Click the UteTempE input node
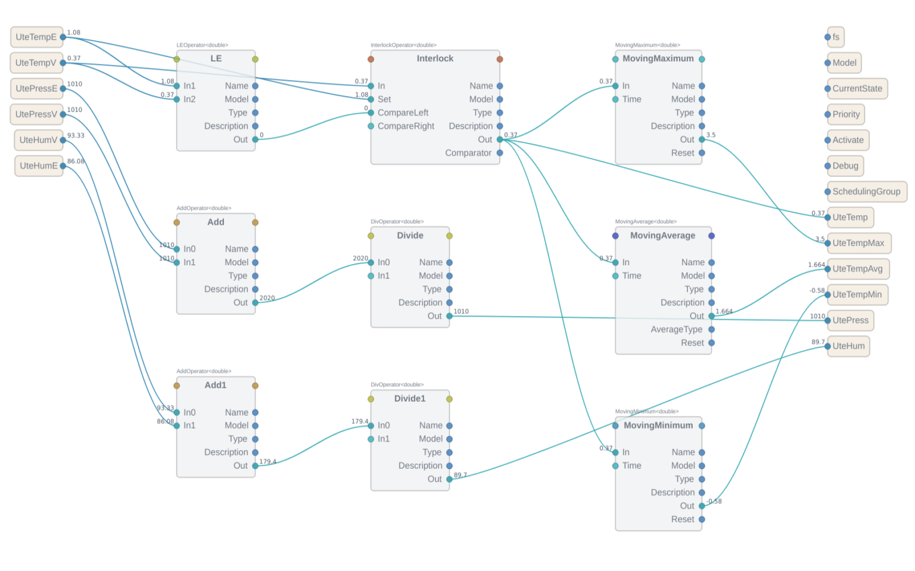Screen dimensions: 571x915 tap(36, 37)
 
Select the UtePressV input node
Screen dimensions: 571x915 tap(36, 114)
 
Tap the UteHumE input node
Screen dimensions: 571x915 tap(39, 166)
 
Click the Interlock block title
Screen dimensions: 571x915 tap(435, 58)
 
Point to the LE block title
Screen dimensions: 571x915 tap(216, 58)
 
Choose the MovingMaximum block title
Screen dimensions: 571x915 tap(658, 58)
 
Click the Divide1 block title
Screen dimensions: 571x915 tap(410, 399)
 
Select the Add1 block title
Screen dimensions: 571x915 tap(216, 385)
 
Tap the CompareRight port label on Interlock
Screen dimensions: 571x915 tap(406, 126)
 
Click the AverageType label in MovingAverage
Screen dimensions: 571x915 tap(676, 330)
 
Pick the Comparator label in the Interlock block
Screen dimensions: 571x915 tap(468, 153)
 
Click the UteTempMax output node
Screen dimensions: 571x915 tap(858, 243)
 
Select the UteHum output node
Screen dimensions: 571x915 tap(848, 346)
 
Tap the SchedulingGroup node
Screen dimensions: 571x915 tap(866, 192)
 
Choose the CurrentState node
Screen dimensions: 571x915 tap(857, 89)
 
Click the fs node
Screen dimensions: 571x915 tap(836, 37)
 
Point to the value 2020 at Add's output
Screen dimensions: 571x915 tap(267, 298)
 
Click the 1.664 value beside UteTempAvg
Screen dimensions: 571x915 tap(816, 265)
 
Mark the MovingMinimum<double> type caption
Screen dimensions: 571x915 tap(646, 411)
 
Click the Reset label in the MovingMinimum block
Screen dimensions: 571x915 tap(683, 520)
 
